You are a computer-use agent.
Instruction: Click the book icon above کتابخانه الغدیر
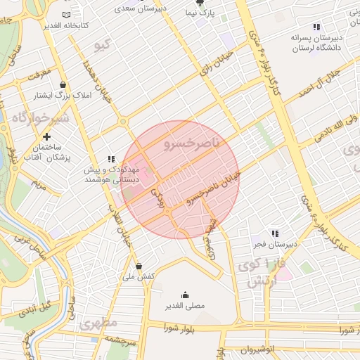pyautogui.click(x=66, y=15)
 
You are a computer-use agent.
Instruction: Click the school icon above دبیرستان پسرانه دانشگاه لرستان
pyautogui.click(x=316, y=26)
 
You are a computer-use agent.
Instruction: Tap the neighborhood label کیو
pyautogui.click(x=103, y=46)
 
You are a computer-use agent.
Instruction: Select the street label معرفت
pyautogui.click(x=39, y=72)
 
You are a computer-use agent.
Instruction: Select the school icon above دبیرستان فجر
pyautogui.click(x=275, y=233)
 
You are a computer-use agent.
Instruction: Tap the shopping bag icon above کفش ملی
pyautogui.click(x=139, y=266)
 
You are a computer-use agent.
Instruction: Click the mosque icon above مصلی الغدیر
pyautogui.click(x=185, y=295)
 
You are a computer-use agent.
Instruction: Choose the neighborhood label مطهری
pyautogui.click(x=98, y=325)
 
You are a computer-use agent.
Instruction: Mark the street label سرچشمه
pyautogui.click(x=119, y=340)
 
